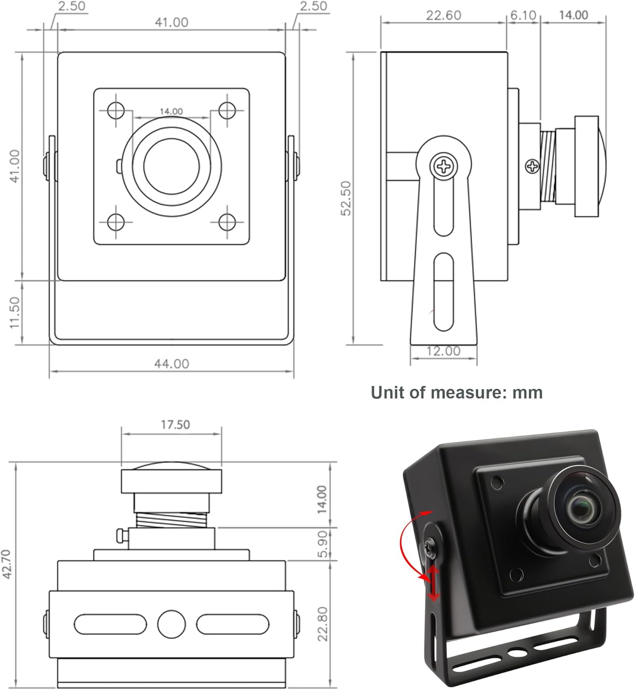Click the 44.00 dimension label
click(x=171, y=364)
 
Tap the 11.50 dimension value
click(x=15, y=312)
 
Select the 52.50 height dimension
click(x=346, y=198)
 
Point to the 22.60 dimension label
click(x=443, y=16)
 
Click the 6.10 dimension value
click(x=523, y=16)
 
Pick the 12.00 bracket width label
click(x=443, y=351)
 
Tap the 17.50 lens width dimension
click(x=175, y=425)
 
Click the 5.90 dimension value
click(x=323, y=544)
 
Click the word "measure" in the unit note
click(x=463, y=393)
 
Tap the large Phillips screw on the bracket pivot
click(x=444, y=166)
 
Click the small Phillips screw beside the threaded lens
click(x=532, y=166)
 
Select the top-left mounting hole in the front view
click(x=116, y=110)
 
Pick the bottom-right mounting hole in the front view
click(x=227, y=222)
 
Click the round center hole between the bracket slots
click(x=172, y=624)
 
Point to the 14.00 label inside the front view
click(x=171, y=111)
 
